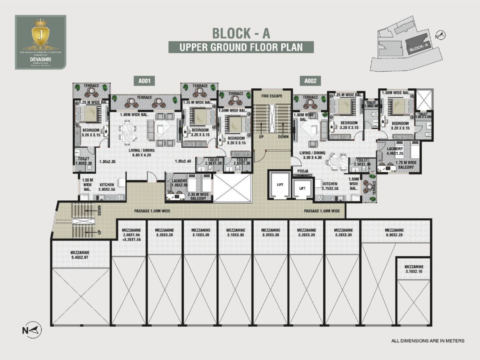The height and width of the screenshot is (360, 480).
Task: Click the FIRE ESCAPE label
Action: coord(272,96)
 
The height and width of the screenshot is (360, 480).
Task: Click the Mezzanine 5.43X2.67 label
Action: coord(80,255)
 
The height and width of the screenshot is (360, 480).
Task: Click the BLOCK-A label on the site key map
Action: coord(419,49)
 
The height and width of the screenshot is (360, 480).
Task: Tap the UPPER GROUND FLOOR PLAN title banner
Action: coord(241,47)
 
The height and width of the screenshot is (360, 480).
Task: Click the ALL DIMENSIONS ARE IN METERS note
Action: coord(428,341)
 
